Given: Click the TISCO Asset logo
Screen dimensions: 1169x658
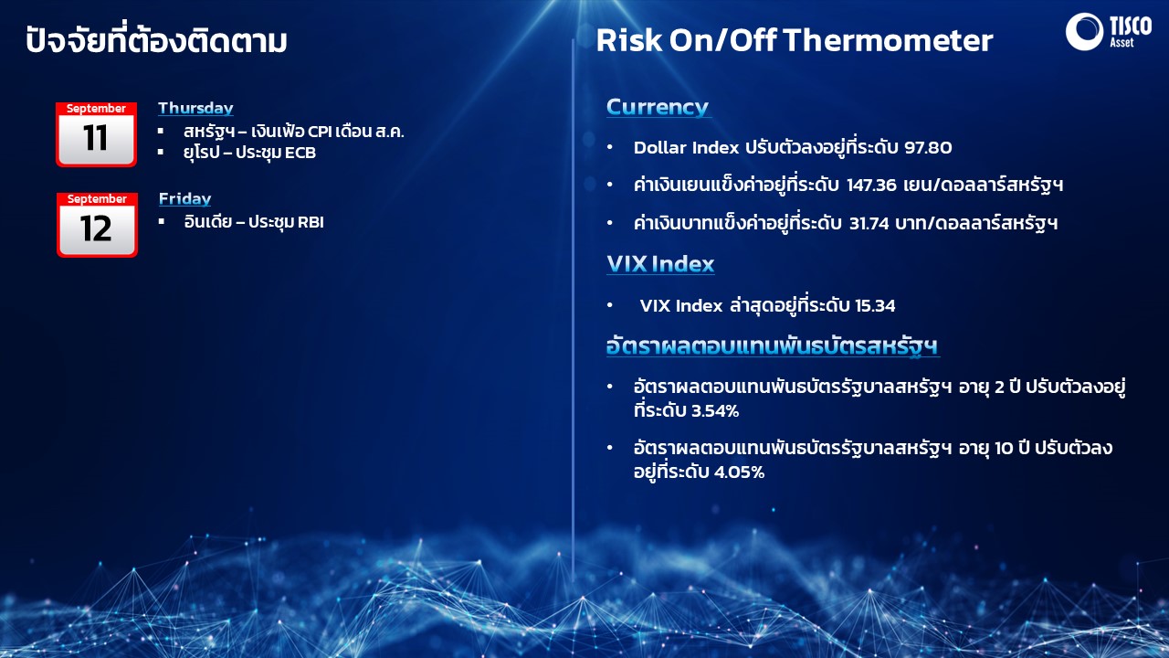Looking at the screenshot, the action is coord(1109,31).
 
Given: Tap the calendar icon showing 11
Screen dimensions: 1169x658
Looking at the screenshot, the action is coord(97,134).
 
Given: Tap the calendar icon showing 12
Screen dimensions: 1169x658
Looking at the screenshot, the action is coord(97,225).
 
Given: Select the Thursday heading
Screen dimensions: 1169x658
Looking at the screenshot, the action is coord(195,108).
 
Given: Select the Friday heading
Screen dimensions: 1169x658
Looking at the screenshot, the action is coord(184,199).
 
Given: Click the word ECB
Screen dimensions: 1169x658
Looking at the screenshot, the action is coord(300,153).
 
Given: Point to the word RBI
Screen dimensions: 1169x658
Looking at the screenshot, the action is coord(311,222).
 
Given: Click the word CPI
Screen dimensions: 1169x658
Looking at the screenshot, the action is coord(320,131).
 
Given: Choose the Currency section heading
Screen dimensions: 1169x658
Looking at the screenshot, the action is coord(658,108).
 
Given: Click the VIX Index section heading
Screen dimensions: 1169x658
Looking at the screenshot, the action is coord(660,264).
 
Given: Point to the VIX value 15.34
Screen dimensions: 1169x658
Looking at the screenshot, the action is coord(875,305).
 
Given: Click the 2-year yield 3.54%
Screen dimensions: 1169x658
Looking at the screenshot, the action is coord(713,411).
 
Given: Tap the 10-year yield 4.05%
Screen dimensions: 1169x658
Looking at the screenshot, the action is coord(739,472).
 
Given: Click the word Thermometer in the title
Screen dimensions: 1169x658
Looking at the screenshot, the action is coord(888,40).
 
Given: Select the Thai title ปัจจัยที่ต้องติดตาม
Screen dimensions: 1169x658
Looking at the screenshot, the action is coord(156,39).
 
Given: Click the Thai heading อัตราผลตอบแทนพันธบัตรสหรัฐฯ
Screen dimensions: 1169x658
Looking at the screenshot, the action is coord(773,346).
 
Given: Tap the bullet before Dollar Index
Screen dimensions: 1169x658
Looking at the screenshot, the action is coord(609,147).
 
